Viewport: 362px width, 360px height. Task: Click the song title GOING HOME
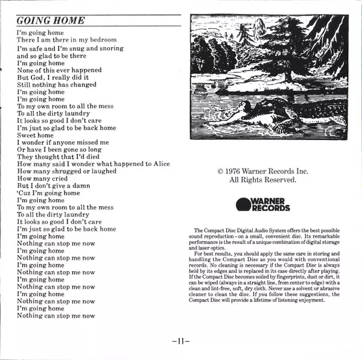point(51,21)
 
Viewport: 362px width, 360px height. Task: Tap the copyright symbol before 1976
point(221,172)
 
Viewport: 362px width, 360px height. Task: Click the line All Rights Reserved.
point(262,180)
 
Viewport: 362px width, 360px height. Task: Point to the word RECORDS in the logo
point(270,208)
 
